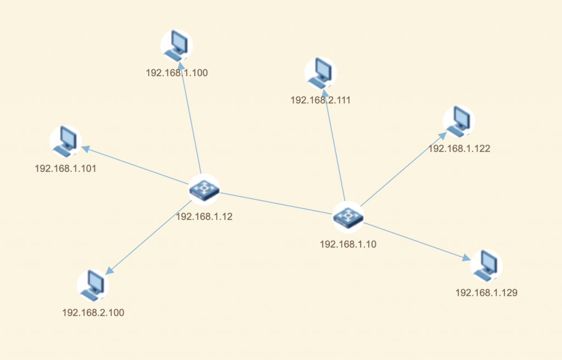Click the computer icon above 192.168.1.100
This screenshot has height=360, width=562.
177,46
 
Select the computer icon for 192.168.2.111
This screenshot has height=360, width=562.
321,73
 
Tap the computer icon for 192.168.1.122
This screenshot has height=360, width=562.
459,121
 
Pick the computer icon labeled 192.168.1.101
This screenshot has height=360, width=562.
66,141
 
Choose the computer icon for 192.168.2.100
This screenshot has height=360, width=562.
93,285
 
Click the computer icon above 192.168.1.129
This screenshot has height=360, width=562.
486,266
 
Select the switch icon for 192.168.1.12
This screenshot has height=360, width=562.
204,190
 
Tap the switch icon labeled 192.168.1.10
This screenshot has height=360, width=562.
348,217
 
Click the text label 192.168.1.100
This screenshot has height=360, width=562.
177,73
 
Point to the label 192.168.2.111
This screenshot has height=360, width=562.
321,100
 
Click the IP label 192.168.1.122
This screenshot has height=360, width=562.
459,149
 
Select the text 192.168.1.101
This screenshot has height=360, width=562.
66,168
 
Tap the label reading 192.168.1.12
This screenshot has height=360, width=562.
204,217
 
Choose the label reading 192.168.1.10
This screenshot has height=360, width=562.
348,244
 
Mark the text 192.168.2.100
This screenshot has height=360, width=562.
93,313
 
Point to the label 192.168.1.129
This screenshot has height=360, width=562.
486,292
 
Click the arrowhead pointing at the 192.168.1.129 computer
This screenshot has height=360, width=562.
467,257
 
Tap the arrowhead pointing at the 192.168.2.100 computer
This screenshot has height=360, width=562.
109,271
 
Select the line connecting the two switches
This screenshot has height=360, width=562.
276,203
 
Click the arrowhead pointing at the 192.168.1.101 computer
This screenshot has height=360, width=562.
86,149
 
